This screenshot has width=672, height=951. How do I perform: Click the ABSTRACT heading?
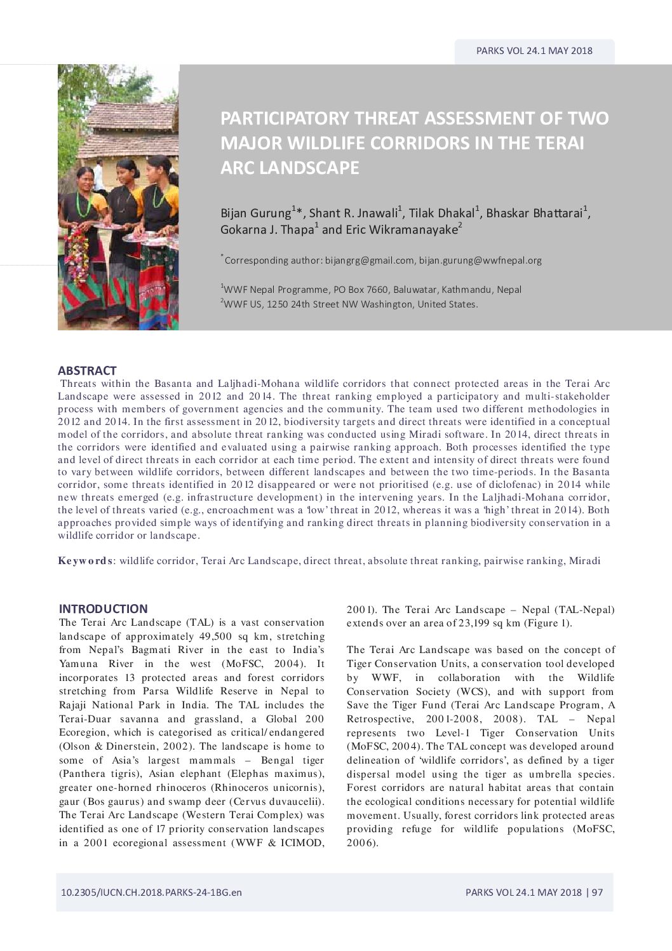(87, 370)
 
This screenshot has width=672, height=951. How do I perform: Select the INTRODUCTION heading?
(103, 609)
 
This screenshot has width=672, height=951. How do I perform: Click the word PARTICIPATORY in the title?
(285, 118)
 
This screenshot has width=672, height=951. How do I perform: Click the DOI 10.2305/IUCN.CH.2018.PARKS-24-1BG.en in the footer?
(151, 892)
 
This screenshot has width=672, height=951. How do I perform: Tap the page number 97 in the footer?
(597, 892)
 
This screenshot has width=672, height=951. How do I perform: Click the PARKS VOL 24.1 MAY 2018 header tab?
(534, 51)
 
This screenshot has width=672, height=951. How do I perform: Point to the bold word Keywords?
(85, 561)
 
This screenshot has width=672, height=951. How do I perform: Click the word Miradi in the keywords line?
(584, 561)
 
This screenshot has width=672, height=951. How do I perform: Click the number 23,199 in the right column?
(476, 623)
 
